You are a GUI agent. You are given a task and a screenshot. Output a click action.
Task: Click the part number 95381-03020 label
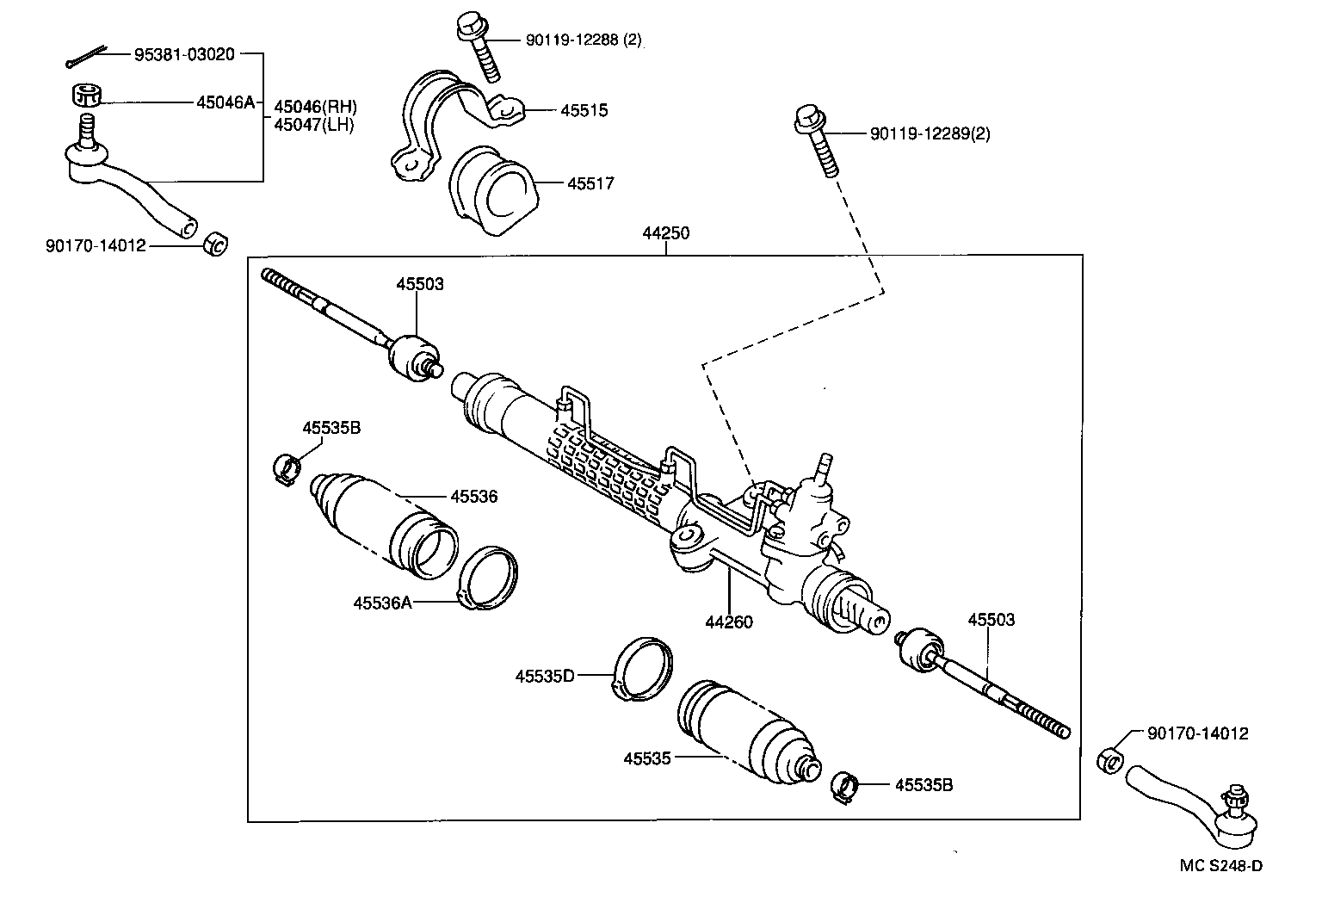pyautogui.click(x=183, y=54)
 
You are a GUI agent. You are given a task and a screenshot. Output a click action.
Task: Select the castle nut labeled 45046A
pyautogui.click(x=85, y=94)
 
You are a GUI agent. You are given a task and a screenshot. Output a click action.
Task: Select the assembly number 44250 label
pyautogui.click(x=665, y=232)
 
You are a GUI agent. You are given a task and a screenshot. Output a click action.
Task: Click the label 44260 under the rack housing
pyautogui.click(x=729, y=621)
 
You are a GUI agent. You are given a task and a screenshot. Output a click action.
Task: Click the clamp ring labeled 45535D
pyautogui.click(x=645, y=670)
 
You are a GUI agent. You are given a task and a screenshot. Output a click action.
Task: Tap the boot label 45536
pyautogui.click(x=473, y=497)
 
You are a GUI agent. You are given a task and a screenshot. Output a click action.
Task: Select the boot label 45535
pyautogui.click(x=647, y=758)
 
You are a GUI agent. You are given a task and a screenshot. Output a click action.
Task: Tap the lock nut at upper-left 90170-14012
pyautogui.click(x=214, y=244)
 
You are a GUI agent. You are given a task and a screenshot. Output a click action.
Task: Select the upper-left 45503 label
pyautogui.click(x=420, y=283)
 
